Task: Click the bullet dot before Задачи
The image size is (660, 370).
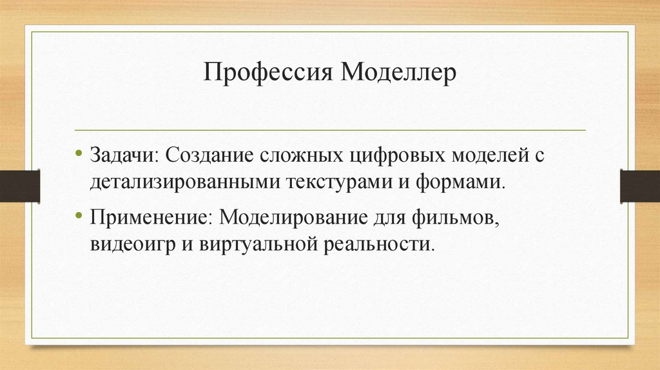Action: click(x=78, y=155)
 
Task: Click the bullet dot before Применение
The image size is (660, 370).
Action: click(x=78, y=215)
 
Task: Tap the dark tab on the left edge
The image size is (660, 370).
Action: click(x=20, y=186)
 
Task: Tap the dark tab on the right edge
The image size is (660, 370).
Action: click(x=639, y=186)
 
